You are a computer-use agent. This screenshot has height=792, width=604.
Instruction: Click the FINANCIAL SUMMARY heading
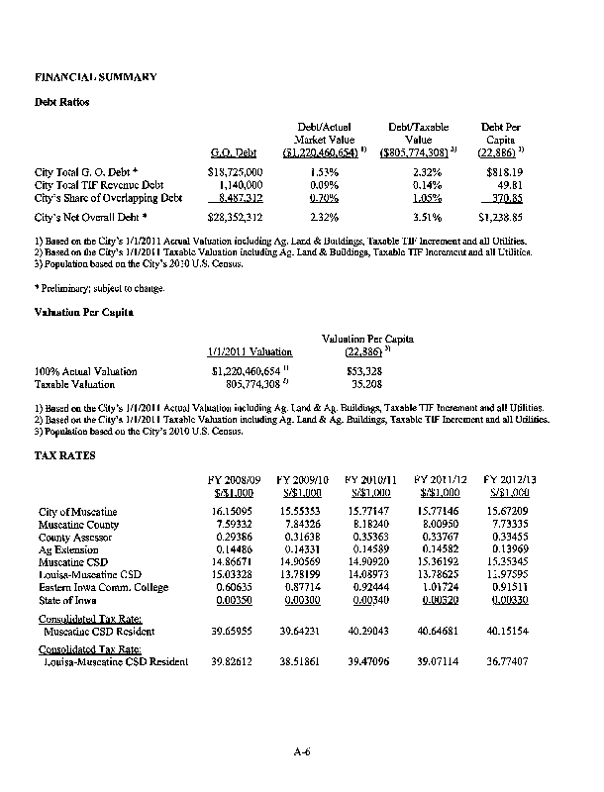tap(82, 75)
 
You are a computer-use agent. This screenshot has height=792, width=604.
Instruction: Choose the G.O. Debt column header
tap(234, 152)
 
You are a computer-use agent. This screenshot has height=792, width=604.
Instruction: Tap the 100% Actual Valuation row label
tap(86, 371)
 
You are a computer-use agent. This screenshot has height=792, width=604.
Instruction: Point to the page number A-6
tap(302, 752)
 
